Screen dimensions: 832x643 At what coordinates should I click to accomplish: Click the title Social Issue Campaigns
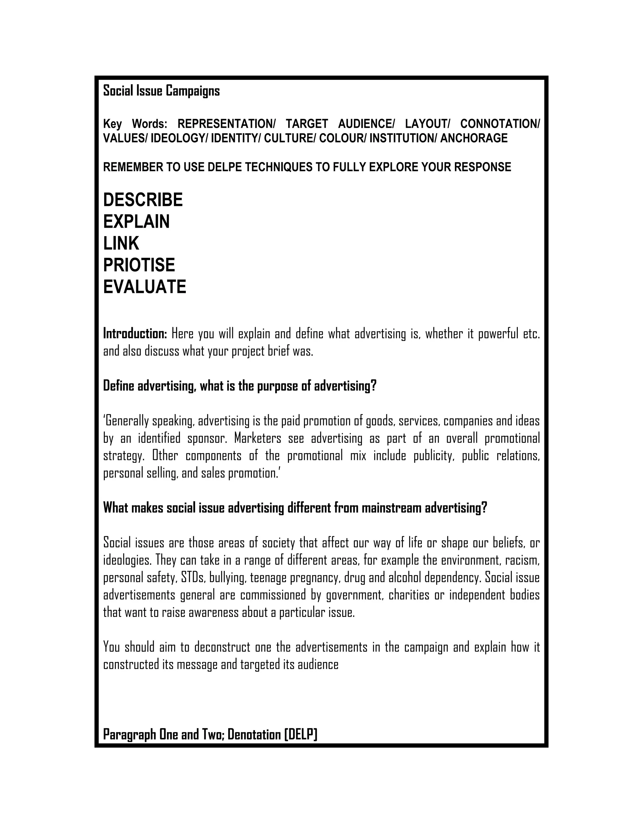tap(161, 91)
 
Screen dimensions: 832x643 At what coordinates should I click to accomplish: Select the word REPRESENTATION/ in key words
tap(227, 124)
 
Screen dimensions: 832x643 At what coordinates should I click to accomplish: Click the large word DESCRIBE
tap(143, 200)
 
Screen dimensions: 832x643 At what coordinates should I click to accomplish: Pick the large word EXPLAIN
tap(136, 222)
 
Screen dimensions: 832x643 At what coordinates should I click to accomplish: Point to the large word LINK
tap(121, 243)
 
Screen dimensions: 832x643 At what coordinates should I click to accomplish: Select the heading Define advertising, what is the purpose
tap(240, 386)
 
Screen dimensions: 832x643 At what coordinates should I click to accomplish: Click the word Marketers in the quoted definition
tap(257, 439)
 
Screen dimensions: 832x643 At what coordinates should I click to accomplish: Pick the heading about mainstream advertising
tap(295, 508)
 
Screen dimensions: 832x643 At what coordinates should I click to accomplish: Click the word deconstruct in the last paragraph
tap(222, 647)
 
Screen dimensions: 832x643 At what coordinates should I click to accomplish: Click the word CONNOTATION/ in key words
tap(500, 124)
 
